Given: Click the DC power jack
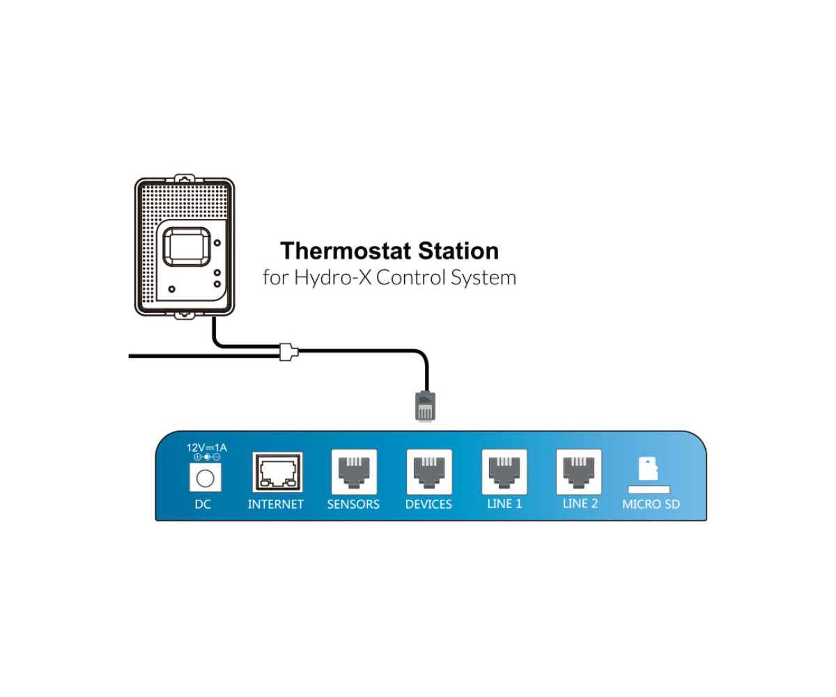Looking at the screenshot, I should coord(205,477).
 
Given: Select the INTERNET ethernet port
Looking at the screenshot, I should coord(277,473).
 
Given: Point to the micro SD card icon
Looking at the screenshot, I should coord(648,468).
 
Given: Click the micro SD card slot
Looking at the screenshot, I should coord(649,489).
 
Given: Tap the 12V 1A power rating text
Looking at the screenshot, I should coord(206,447).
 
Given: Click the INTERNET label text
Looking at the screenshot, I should coord(276,504).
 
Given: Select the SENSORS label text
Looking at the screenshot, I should coord(353,504).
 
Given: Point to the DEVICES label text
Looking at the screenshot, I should coord(428,504).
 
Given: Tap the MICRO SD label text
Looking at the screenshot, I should coord(651,504).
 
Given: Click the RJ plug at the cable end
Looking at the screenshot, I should coord(426,406).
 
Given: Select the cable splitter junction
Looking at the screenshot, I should coord(288,351).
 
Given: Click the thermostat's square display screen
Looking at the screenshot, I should coord(185,248).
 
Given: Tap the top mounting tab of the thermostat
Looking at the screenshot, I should coord(184,178).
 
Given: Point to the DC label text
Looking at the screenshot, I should coord(203,504).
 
